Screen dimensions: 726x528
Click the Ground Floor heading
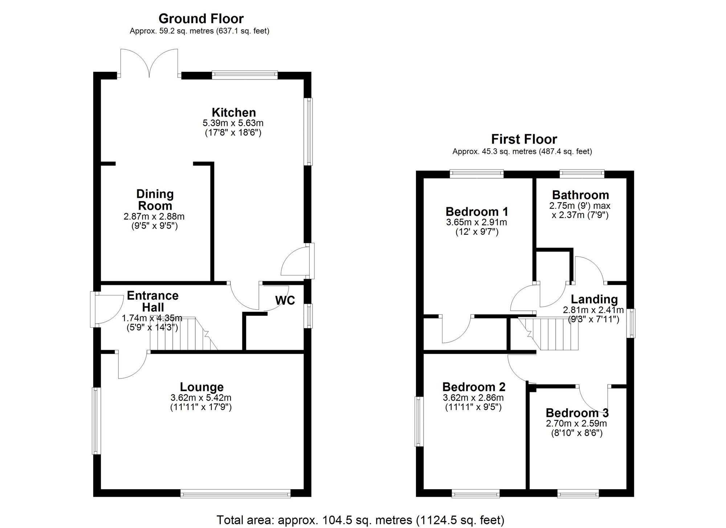pos(201,19)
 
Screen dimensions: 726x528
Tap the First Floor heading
pos(524,139)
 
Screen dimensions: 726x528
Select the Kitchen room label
pos(234,112)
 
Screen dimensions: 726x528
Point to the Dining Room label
pos(155,200)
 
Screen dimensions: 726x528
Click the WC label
pos(285,300)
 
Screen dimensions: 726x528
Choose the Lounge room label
pos(202,388)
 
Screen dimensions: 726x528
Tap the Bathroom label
pos(580,195)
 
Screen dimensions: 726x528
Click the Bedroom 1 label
pos(477,212)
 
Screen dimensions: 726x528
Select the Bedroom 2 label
pos(474,387)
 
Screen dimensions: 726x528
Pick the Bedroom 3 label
pos(577,413)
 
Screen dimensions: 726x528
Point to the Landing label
pos(594,299)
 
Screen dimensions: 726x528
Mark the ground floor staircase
pos(184,334)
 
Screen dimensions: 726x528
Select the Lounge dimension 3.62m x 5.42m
pos(201,398)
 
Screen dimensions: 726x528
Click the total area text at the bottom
pos(360,520)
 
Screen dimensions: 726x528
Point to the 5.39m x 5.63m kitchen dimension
pos(233,123)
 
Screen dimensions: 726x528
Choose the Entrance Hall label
pos(153,302)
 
